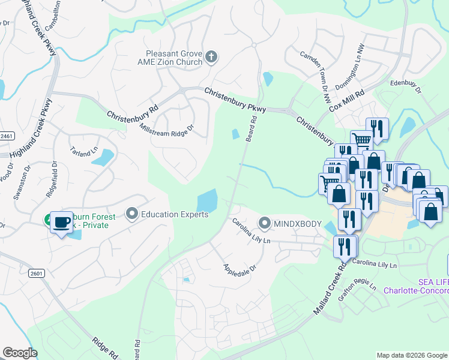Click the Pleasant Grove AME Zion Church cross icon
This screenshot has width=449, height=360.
211,57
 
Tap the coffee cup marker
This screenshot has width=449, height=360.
62,223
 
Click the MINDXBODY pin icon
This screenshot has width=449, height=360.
265,223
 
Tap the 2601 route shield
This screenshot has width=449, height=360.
36,274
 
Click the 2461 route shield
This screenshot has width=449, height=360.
5,136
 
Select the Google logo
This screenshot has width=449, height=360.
20,353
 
